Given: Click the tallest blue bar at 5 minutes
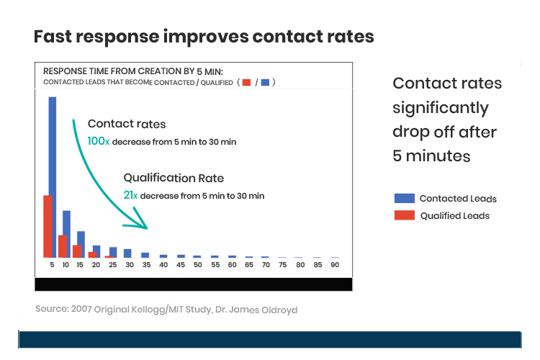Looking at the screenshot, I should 53,176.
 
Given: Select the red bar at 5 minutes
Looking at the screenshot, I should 48,226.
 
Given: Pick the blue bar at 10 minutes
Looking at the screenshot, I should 66,234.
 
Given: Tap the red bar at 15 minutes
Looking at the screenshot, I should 77,251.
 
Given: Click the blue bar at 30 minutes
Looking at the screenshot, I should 127,253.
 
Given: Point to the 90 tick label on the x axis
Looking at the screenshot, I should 335,265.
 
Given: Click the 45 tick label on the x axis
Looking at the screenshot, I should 181,265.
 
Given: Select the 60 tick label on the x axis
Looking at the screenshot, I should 232,265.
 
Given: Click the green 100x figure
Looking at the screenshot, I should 98,142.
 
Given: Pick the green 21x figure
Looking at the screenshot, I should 130,195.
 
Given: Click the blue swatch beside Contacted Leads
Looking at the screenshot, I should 404,199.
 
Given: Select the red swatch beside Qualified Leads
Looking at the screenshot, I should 404,215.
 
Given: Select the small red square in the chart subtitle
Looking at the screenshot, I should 246,83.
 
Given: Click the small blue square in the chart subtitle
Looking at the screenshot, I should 264,83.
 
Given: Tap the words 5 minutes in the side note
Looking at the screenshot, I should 431,156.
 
